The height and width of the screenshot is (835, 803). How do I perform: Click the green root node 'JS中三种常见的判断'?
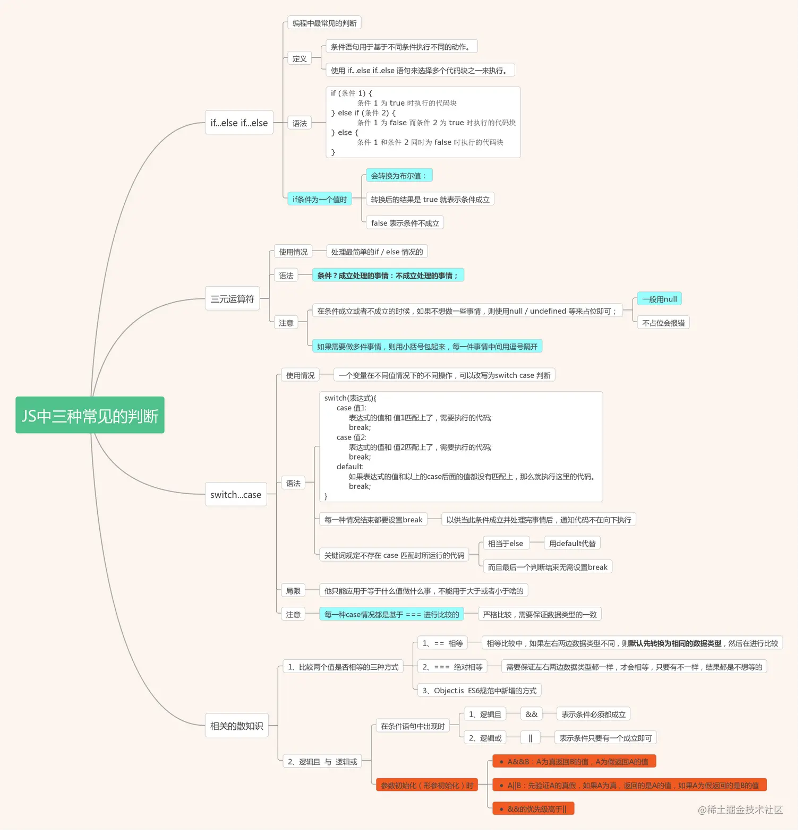(90, 415)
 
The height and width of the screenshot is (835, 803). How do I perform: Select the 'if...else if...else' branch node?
(239, 123)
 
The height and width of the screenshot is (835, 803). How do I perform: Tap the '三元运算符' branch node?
(233, 299)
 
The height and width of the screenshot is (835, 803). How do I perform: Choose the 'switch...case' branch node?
(236, 494)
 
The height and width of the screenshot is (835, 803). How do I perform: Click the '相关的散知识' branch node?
(237, 726)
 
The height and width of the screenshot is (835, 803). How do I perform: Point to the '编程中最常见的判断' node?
(324, 23)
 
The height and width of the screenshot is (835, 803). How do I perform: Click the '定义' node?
(300, 58)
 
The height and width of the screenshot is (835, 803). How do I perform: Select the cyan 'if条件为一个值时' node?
(320, 199)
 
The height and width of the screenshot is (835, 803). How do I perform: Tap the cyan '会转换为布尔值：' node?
(399, 175)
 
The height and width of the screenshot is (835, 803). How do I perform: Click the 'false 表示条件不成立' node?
(405, 223)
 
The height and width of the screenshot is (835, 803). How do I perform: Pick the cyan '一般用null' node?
(659, 299)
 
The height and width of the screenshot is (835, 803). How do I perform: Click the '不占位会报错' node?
(663, 323)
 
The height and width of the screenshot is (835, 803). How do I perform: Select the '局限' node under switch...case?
(293, 591)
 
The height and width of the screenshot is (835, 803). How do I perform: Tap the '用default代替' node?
(573, 543)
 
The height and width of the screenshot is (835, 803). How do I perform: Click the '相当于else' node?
(506, 543)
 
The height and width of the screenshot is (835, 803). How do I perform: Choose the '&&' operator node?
(532, 714)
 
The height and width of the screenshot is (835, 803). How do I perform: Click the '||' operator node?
(531, 738)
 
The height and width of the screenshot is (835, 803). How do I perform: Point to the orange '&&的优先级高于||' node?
(533, 808)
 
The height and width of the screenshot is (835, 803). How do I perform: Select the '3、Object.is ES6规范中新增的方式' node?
(479, 690)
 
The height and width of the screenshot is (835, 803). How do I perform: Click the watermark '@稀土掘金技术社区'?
(740, 809)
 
